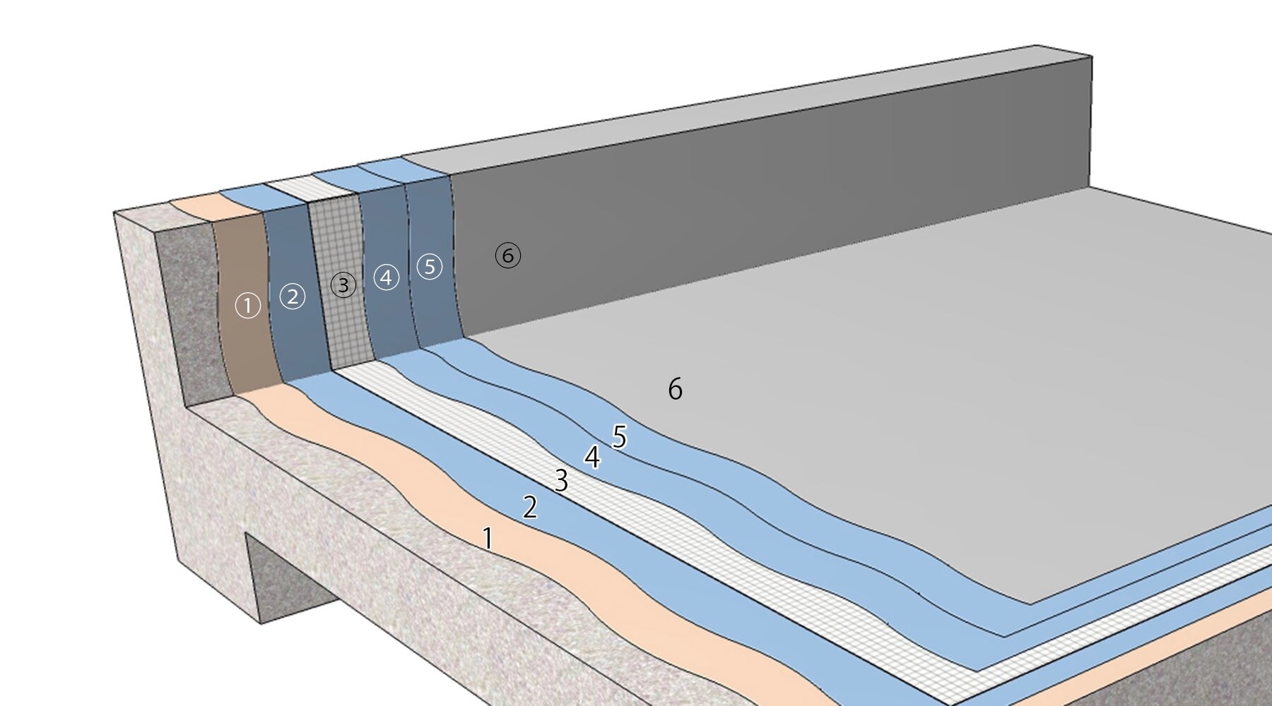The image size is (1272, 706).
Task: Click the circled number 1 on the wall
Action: coord(248,306)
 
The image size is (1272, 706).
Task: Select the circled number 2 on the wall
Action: coord(293,297)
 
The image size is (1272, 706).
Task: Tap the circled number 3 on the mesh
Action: coord(343,285)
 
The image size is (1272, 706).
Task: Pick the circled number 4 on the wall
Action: coord(386,277)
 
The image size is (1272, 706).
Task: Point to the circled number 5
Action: coord(430,266)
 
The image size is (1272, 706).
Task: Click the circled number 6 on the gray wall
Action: coord(508,255)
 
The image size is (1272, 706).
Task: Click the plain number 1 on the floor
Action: coord(488,539)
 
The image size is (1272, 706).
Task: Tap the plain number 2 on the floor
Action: coord(530,508)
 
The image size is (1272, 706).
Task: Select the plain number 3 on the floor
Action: coord(561,481)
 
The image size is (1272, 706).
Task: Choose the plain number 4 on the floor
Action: coord(592,457)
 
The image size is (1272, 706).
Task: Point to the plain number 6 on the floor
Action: coord(675,389)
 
